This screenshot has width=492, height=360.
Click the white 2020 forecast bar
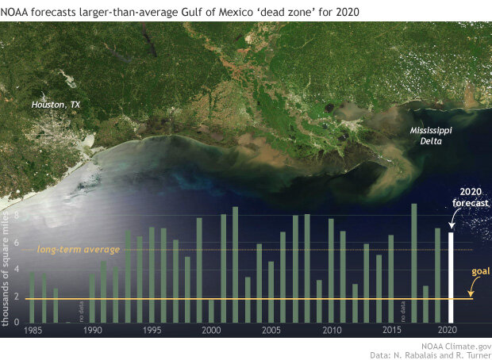452,277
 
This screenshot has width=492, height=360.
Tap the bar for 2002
235,264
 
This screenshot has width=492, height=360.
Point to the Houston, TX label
56,105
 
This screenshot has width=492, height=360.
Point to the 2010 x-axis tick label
332,330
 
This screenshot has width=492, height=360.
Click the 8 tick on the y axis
17,216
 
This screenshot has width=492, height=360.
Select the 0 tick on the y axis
17,321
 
